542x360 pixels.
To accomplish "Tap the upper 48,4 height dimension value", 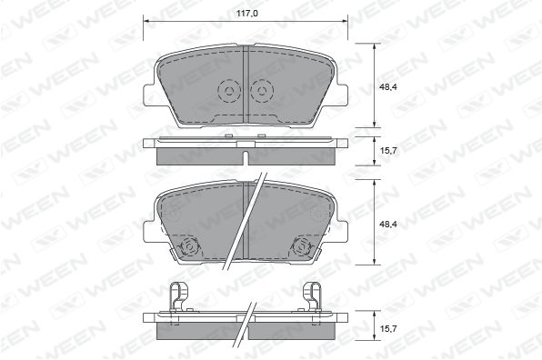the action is coord(387,86).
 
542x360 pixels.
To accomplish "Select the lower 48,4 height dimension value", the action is coord(387,224).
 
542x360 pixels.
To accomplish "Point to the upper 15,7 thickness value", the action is coord(387,151).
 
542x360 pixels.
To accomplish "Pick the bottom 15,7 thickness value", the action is coord(387,328).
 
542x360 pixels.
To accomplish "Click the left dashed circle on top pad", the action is coord(229,91).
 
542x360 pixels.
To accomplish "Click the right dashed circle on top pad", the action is coord(262,91).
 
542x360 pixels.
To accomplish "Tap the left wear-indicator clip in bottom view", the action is coord(178,296).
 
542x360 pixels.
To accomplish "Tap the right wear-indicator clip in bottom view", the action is coord(312,296).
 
